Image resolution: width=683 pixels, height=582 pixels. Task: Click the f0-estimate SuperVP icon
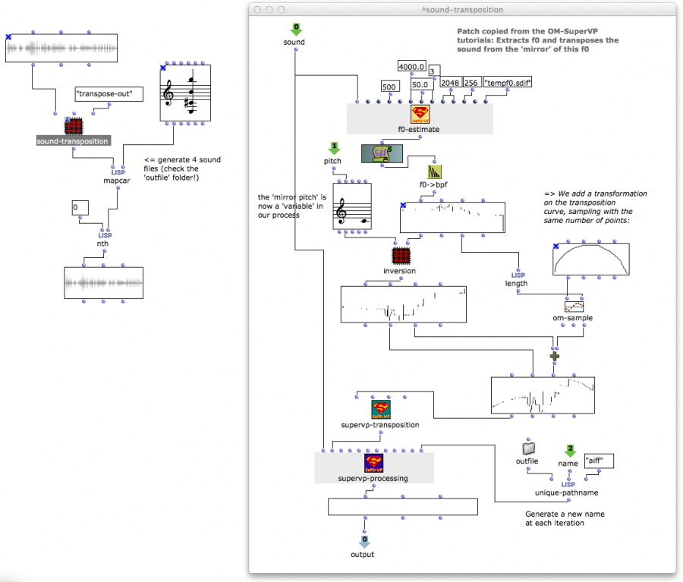click(x=420, y=115)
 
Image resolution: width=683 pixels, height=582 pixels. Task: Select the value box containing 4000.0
click(x=413, y=68)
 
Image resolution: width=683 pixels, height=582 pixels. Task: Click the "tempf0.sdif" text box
click(x=507, y=82)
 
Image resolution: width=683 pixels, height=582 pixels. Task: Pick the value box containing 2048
click(x=450, y=83)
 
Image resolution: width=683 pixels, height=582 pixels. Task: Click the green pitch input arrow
click(x=332, y=147)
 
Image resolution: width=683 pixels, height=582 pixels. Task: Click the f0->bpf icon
click(x=434, y=171)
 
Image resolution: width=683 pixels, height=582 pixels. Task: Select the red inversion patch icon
click(x=400, y=256)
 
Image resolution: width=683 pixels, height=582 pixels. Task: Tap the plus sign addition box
click(x=556, y=355)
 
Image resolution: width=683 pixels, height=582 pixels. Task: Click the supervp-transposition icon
click(x=380, y=411)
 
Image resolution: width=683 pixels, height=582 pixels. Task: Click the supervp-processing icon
click(x=373, y=463)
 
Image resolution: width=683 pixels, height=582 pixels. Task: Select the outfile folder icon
click(x=529, y=448)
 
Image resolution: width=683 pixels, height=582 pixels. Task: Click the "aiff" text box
click(x=598, y=461)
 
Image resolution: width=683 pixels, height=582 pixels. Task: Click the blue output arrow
click(x=364, y=540)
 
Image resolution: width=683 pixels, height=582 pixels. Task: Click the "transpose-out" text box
click(x=104, y=94)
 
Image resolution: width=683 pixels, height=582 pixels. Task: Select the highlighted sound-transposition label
click(x=73, y=141)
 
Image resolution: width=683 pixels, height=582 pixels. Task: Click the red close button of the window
click(x=257, y=9)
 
